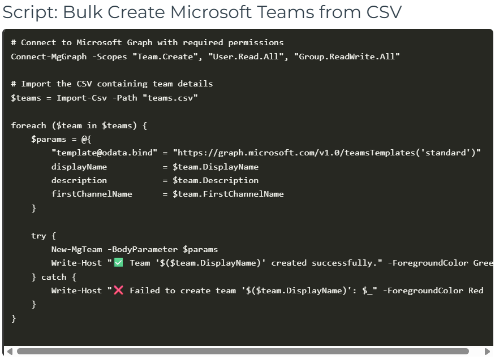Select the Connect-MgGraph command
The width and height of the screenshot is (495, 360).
[x=49, y=56]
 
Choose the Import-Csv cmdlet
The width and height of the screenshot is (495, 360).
[x=84, y=97]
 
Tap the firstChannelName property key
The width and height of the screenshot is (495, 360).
[x=92, y=194]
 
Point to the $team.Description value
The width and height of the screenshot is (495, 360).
[x=216, y=180]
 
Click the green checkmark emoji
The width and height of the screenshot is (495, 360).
[x=118, y=263]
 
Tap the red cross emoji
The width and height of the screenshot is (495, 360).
[x=118, y=290]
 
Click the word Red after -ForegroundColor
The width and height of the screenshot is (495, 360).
[x=476, y=290]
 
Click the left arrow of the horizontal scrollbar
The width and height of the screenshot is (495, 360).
[x=10, y=352]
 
